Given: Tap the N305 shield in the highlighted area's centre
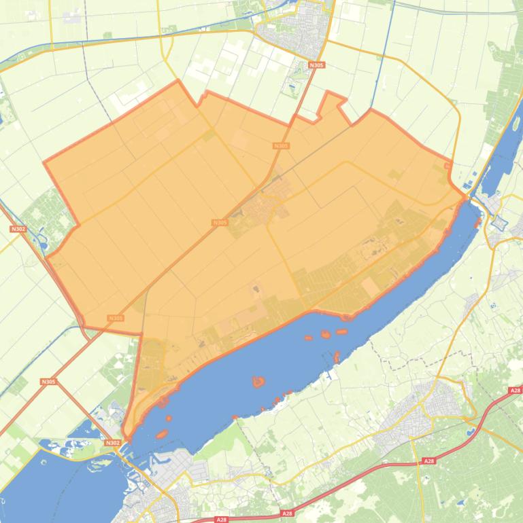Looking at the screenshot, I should pos(219,222).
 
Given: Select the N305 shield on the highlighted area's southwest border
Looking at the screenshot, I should pos(116,318).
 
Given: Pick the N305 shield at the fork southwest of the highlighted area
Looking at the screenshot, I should pos(48,382).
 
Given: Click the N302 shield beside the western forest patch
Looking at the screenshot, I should pos(18,229).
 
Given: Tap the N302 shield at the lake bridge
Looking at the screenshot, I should pos(113,443).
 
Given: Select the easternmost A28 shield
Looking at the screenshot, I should pos(515,391).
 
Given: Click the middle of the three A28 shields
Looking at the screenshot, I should pos(428,461).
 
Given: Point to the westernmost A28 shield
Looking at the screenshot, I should pos(221,520).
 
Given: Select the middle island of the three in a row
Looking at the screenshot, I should pos(325,334).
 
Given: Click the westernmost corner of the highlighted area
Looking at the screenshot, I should pos(44,162).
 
